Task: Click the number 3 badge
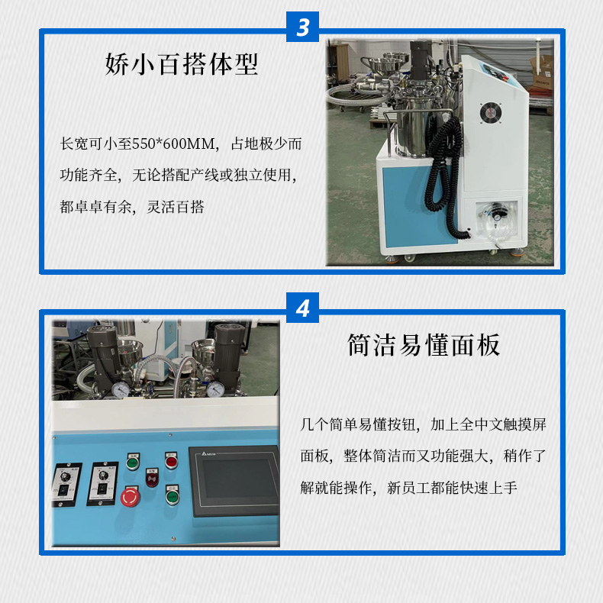tap(302, 28)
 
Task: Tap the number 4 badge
tap(302, 308)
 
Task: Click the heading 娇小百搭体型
tap(182, 63)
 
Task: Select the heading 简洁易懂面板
tap(424, 344)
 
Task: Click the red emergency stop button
tap(131, 498)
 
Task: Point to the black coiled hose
tap(440, 164)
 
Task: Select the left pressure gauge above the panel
tap(120, 390)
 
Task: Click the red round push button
tap(171, 461)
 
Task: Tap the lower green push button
tap(171, 498)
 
